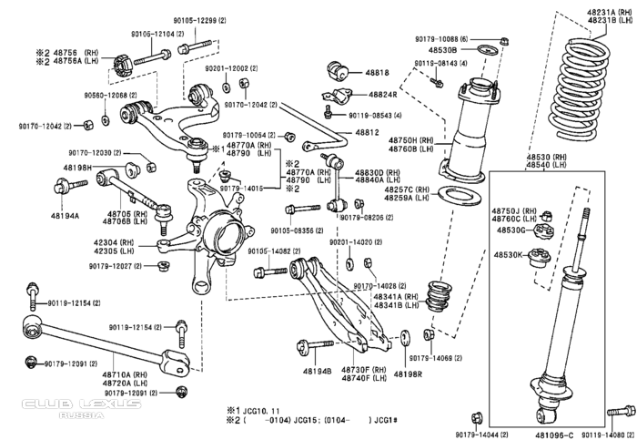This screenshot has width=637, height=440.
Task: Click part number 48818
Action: tap(379, 73)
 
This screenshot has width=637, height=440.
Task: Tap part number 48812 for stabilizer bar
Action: tap(368, 132)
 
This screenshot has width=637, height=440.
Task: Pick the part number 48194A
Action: tap(65, 216)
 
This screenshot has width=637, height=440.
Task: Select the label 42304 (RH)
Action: tap(116, 242)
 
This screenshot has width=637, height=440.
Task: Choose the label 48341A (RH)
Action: tap(399, 297)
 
